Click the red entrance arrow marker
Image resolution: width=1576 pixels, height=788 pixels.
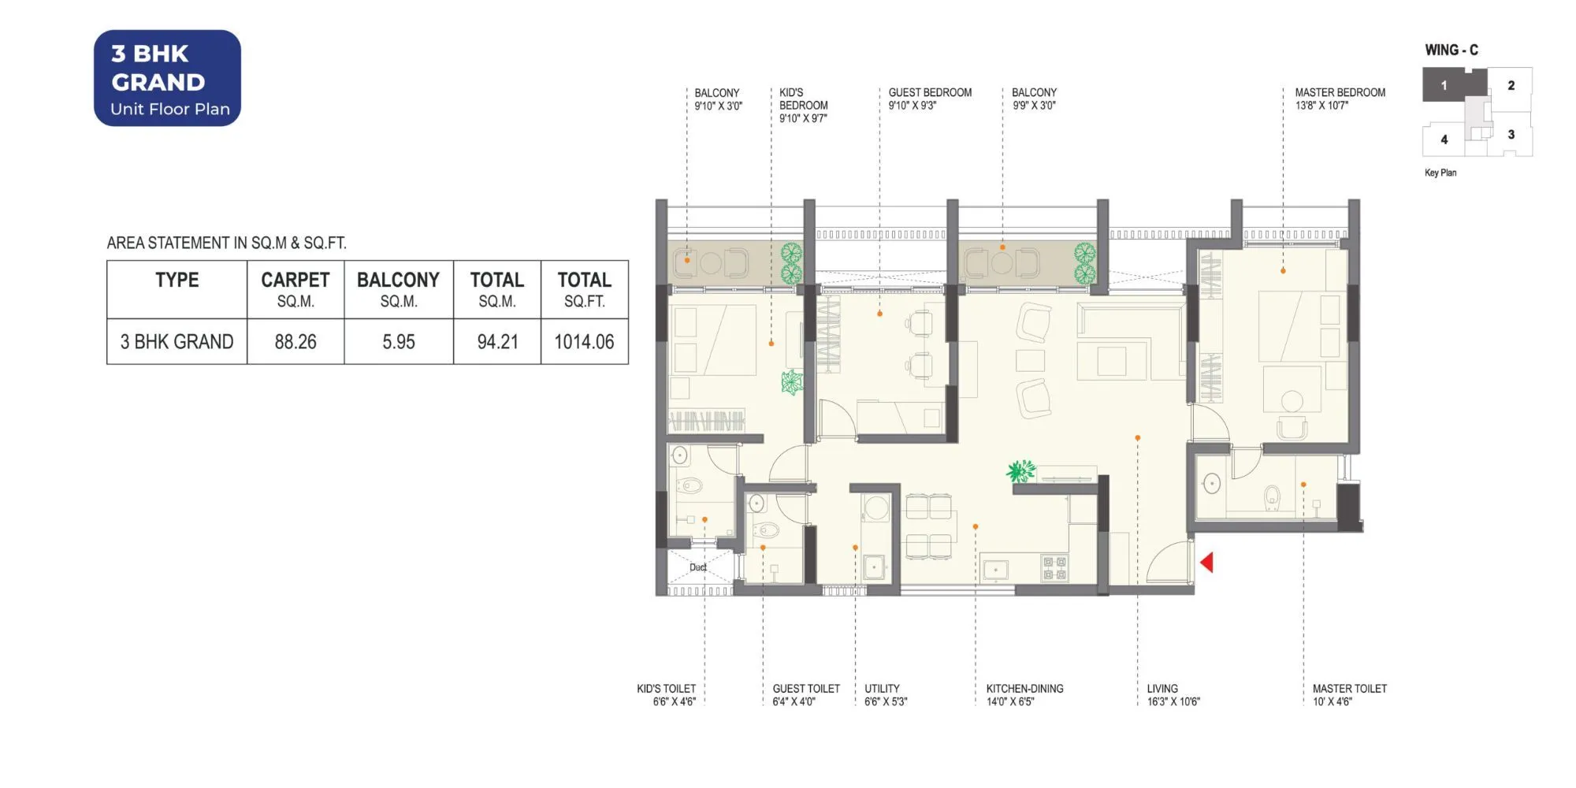click(1206, 562)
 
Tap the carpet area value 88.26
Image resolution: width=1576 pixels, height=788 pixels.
click(295, 342)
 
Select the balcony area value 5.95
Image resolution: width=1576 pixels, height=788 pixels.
click(398, 342)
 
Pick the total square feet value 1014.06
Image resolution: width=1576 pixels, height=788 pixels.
click(584, 342)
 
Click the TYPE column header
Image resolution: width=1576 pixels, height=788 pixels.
click(177, 281)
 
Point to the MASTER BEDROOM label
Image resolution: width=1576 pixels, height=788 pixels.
click(1340, 98)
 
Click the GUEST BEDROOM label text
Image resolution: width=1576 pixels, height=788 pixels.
click(930, 98)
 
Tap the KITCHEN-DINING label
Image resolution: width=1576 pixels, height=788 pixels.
click(1024, 694)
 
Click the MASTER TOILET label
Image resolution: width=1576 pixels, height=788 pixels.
click(1349, 694)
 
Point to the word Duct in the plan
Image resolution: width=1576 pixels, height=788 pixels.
click(698, 567)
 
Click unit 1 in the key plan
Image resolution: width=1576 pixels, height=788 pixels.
click(1444, 85)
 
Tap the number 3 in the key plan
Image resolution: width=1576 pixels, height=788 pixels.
click(1511, 135)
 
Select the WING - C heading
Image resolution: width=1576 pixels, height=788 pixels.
click(1451, 50)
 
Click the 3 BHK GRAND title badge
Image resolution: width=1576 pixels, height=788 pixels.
click(167, 78)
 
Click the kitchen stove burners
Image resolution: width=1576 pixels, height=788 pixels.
click(1054, 568)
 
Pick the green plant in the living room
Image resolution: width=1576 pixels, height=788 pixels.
click(1020, 471)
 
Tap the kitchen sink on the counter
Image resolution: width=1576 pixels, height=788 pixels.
click(996, 569)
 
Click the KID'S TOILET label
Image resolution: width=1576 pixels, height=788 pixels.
click(667, 694)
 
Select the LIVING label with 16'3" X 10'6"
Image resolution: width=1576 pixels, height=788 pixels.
click(1173, 694)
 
